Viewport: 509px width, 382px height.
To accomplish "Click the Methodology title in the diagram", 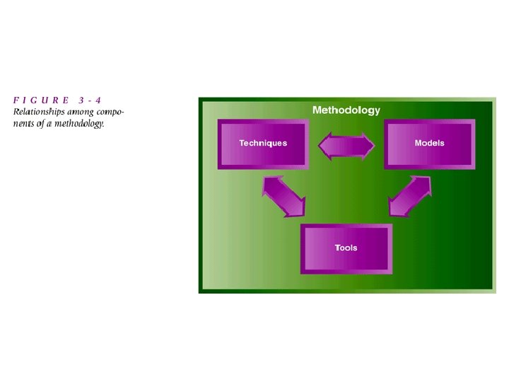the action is (x=346, y=110).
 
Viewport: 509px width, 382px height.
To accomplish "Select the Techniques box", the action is (x=263, y=144).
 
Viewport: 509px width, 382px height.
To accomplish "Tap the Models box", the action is (x=429, y=144).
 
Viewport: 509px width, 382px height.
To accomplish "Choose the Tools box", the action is (x=346, y=248).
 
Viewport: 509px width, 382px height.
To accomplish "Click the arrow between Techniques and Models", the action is (x=346, y=147).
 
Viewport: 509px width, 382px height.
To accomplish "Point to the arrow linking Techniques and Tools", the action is (x=283, y=196).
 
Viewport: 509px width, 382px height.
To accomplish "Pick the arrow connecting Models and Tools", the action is (x=410, y=196).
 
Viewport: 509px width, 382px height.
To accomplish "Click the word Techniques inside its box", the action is (x=263, y=144).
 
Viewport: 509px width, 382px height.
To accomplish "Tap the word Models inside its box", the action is (x=429, y=144).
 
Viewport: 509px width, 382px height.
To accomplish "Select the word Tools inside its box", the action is (x=346, y=248).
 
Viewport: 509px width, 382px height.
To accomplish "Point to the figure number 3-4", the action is (x=94, y=100).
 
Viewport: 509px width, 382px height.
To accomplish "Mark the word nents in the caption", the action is (x=24, y=124).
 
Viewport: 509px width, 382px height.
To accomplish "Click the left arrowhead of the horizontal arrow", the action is (x=324, y=147).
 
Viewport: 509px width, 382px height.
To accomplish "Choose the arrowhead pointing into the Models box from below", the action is (x=424, y=183).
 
